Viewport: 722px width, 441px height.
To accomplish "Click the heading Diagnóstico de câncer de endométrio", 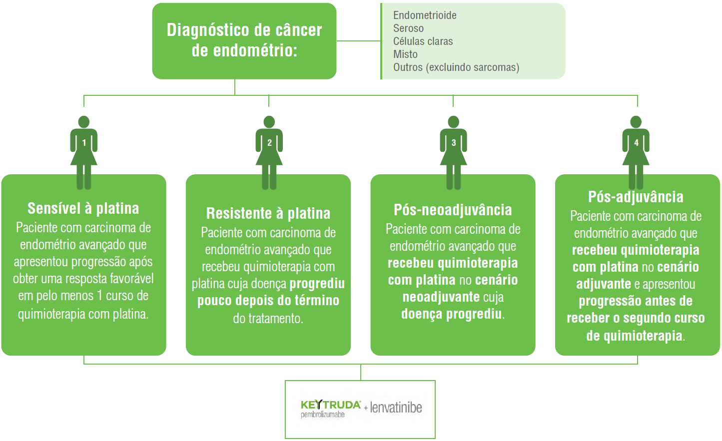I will click(244, 40).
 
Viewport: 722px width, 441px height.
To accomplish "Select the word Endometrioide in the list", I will click(425, 15).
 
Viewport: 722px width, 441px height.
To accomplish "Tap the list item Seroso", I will click(408, 28).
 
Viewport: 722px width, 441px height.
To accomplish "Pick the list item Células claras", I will click(423, 41).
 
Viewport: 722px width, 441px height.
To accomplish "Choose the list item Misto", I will click(405, 54).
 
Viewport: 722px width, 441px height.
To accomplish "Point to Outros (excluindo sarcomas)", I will click(456, 67).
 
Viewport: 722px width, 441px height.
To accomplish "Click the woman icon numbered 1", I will click(84, 150).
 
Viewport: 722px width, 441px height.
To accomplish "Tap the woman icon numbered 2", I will click(269, 150).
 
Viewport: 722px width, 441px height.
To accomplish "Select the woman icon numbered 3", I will click(453, 150).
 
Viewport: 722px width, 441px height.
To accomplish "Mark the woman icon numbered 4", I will click(636, 150).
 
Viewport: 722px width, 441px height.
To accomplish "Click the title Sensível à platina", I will click(83, 208).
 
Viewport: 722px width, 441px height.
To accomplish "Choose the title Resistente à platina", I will click(268, 213).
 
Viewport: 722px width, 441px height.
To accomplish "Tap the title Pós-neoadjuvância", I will click(453, 210).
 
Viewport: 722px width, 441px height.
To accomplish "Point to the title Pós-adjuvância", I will click(636, 197).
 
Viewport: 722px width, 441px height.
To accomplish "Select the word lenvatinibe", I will click(396, 408).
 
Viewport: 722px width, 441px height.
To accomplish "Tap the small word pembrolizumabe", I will click(323, 415).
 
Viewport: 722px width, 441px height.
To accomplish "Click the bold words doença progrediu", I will click(451, 315).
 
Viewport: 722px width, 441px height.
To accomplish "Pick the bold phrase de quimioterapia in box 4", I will click(634, 336).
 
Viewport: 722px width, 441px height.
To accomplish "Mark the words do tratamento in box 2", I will click(268, 319).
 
